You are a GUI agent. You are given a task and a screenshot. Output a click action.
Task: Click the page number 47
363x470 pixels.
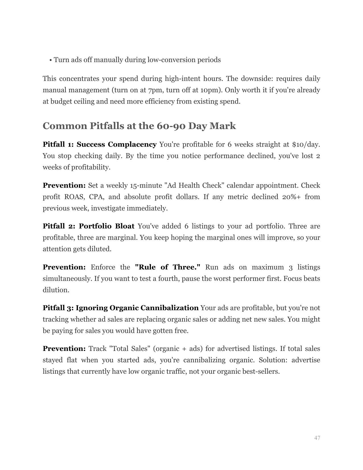(x=317, y=438)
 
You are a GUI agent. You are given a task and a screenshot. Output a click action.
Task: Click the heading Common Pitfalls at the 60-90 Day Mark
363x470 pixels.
(x=139, y=126)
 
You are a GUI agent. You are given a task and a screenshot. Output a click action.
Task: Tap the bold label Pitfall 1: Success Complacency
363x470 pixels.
(x=99, y=144)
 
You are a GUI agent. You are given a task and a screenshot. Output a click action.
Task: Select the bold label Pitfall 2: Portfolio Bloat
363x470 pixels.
(x=88, y=226)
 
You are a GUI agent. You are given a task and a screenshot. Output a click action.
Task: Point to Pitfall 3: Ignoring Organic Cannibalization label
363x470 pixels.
(x=120, y=308)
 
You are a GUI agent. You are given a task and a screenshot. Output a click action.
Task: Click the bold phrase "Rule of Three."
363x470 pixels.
(x=168, y=267)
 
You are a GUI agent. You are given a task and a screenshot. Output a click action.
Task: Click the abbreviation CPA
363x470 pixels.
(x=96, y=197)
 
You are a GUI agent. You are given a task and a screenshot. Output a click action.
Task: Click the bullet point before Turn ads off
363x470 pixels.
(x=50, y=60)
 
